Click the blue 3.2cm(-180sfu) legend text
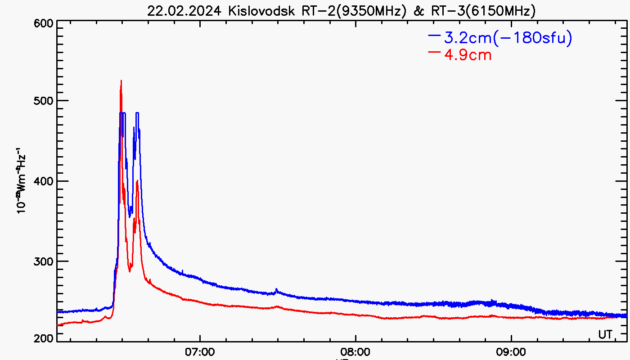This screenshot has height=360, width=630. (508, 38)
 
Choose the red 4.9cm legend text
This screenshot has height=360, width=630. (468, 55)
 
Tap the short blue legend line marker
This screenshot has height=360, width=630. (434, 35)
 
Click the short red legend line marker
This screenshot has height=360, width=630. (434, 52)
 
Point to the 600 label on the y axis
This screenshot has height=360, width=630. (43, 23)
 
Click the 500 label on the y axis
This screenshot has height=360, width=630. (43, 100)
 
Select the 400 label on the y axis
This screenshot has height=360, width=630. (43, 181)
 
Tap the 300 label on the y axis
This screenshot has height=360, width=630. (43, 261)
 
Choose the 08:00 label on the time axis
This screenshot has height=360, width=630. (355, 351)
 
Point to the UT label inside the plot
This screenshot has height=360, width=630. (605, 334)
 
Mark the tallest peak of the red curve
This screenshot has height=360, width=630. (121, 81)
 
